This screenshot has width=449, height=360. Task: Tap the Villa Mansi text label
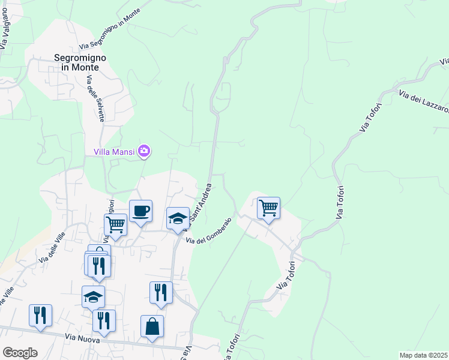115,151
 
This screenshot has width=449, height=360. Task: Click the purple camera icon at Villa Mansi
144,151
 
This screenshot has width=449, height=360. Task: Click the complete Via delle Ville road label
52,248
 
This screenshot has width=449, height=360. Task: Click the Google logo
20,352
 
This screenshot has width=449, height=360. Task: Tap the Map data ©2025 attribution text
423,355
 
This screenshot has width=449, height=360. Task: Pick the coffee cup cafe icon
140,211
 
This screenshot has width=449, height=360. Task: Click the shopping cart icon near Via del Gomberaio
268,208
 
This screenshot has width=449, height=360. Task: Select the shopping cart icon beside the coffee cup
115,225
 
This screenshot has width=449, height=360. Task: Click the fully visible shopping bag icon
152,326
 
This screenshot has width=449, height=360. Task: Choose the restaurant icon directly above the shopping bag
161,292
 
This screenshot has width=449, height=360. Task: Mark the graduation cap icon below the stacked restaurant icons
93,296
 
